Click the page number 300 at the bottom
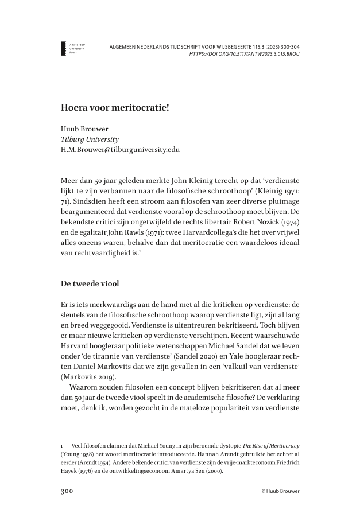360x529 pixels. click(x=69, y=491)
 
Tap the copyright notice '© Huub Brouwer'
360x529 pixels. click(x=280, y=491)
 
